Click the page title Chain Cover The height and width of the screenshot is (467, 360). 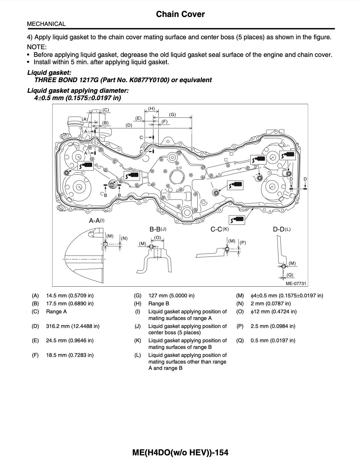[180, 14]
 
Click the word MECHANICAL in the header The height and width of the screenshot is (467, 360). [46, 24]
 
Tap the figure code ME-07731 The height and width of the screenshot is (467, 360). [295, 283]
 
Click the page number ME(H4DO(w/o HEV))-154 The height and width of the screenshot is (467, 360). [180, 452]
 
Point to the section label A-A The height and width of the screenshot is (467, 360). [94, 221]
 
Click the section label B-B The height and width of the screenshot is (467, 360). [155, 229]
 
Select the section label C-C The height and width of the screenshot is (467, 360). [216, 229]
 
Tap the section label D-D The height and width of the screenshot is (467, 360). [279, 229]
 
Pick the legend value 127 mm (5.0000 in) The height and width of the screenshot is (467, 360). [171, 295]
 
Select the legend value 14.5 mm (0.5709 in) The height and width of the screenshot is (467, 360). [70, 295]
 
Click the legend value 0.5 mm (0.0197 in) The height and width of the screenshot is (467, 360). [273, 340]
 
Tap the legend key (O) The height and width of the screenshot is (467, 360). [240, 311]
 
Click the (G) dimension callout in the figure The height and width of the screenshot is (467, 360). [172, 114]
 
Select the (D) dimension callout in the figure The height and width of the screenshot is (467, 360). [129, 125]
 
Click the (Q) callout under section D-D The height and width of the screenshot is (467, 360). [290, 275]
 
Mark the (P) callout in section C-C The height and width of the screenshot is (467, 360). [243, 242]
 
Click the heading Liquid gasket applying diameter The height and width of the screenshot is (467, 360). [78, 90]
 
